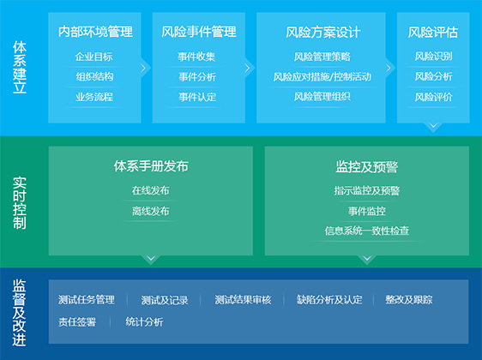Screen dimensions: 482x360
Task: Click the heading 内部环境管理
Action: [95, 32]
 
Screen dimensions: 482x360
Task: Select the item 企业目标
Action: [94, 57]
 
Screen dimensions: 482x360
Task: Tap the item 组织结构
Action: [94, 76]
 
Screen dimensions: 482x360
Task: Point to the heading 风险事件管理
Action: [199, 32]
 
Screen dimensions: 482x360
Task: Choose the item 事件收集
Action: [196, 57]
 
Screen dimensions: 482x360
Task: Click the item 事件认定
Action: [197, 97]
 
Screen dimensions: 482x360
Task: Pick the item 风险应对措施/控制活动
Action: [322, 76]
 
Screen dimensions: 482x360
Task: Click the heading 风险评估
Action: [433, 33]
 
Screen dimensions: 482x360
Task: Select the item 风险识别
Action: [433, 57]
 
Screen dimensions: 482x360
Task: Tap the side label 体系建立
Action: [20, 67]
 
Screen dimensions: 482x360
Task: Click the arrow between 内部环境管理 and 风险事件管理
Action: [143, 68]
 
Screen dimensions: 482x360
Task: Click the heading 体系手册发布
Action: [151, 166]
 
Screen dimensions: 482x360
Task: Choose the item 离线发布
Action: [151, 211]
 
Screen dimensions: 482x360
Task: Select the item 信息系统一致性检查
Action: [367, 231]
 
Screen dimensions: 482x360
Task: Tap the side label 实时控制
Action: [20, 203]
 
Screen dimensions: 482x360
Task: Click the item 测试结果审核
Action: [243, 299]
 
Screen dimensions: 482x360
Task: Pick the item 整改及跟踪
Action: [409, 299]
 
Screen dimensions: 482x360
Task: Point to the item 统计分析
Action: [144, 322]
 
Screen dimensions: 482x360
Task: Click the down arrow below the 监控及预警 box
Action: [367, 258]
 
